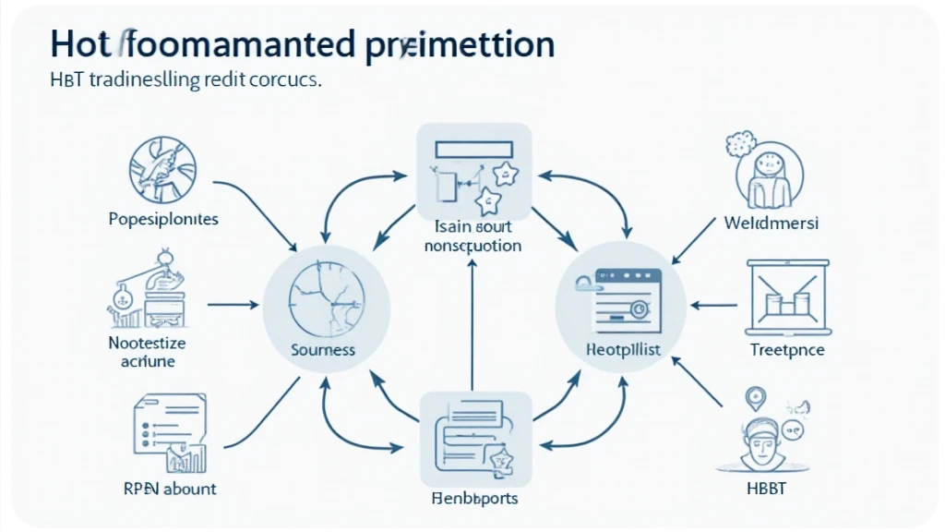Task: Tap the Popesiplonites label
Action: click(163, 220)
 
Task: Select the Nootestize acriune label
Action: click(147, 352)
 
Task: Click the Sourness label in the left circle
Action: click(323, 351)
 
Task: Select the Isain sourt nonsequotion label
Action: click(472, 237)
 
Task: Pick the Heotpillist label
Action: click(621, 351)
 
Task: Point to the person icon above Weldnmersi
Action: click(770, 172)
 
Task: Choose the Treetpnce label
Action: click(787, 350)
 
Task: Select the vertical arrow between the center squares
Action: click(472, 323)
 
